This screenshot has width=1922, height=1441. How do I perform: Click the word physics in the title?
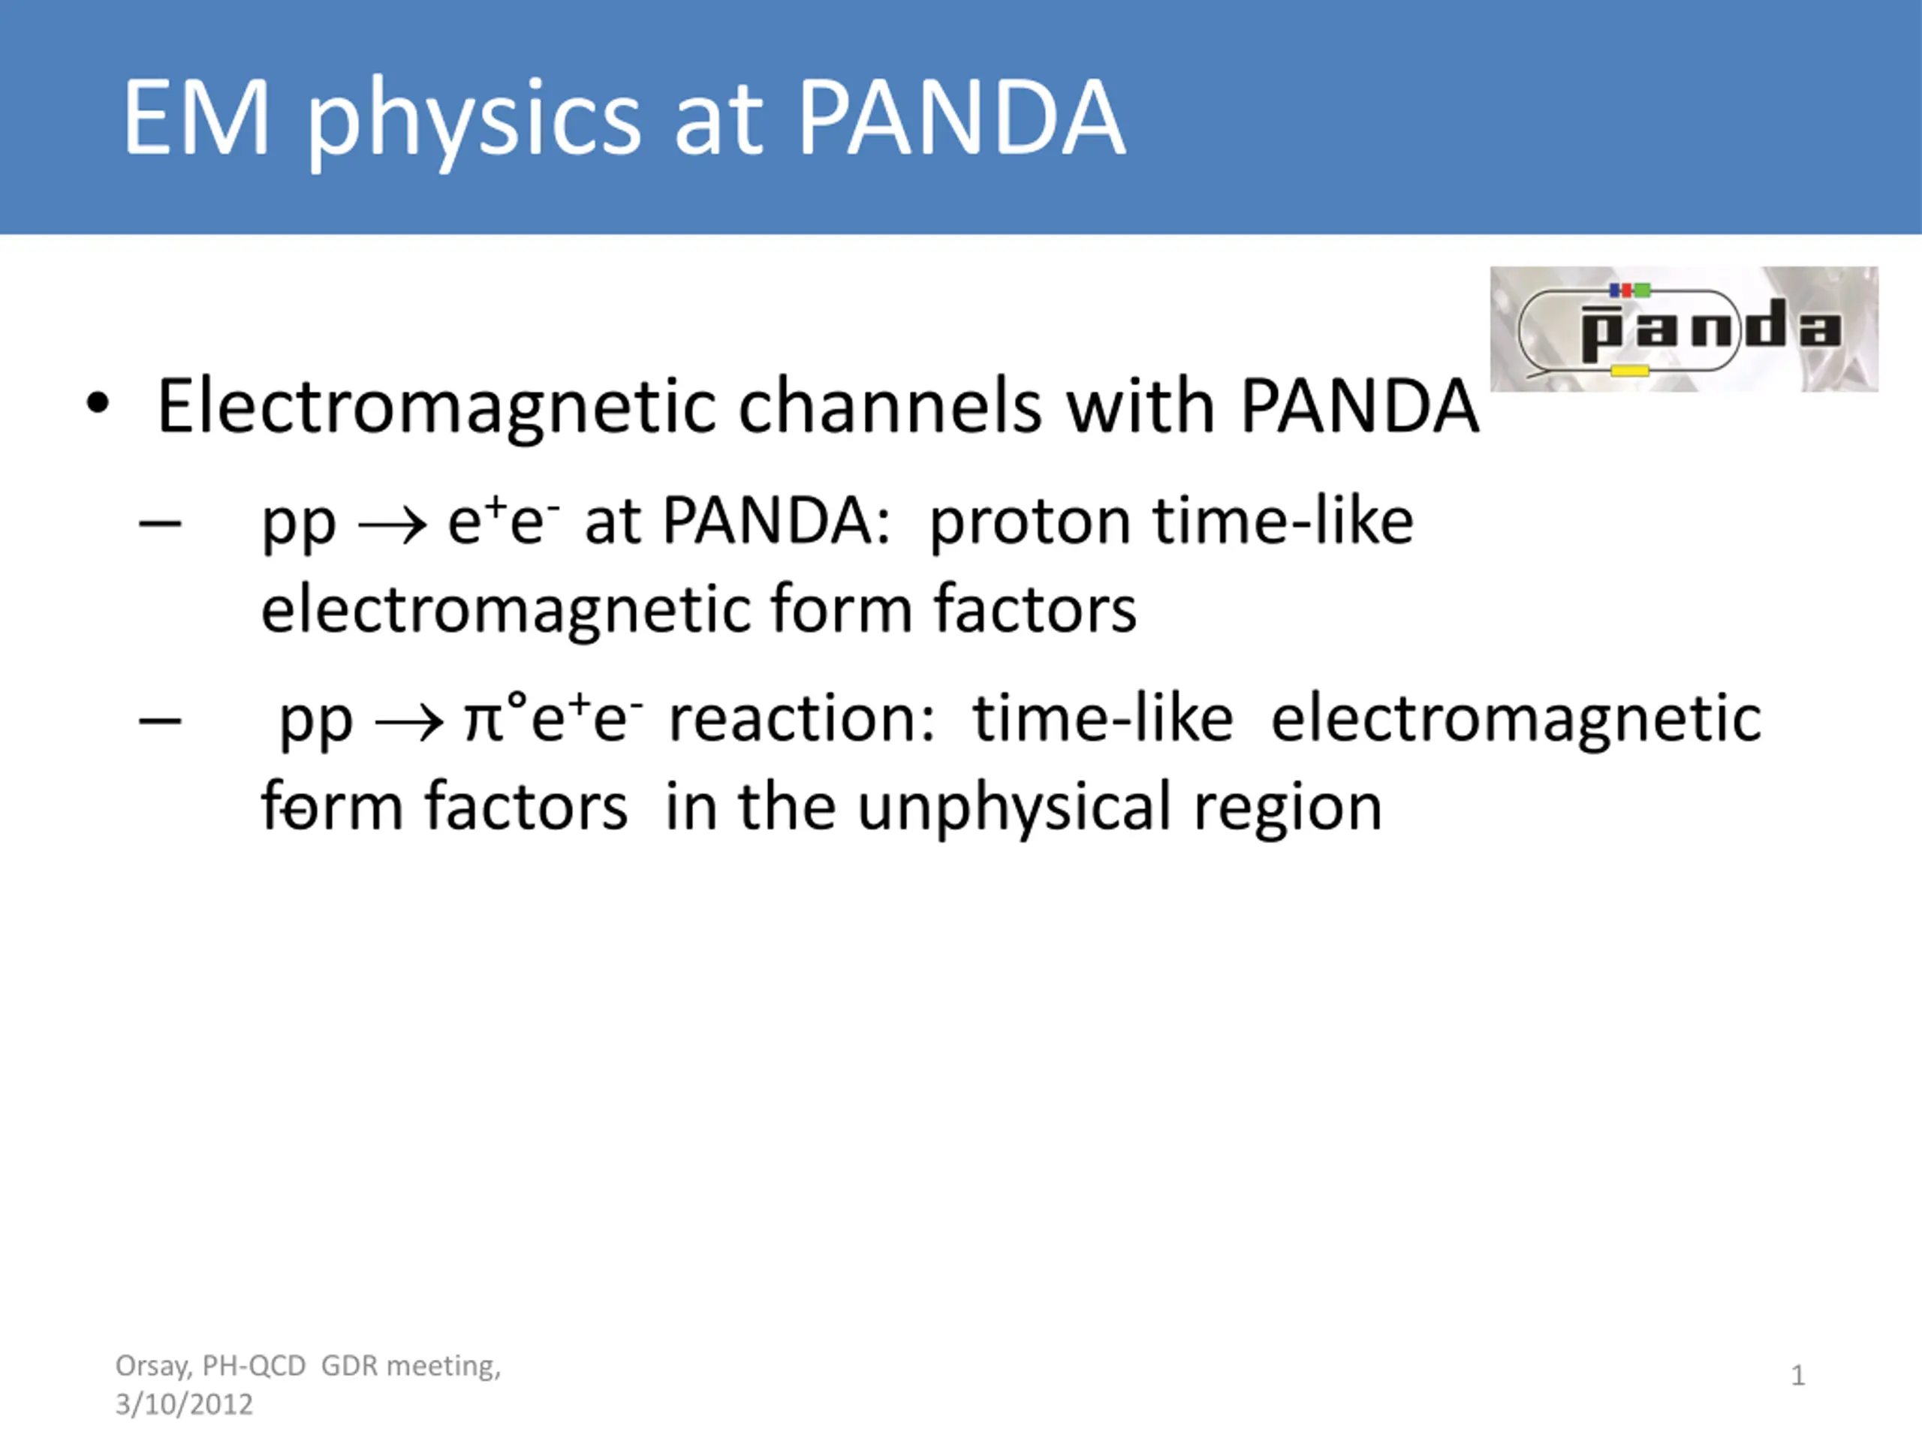[474, 122]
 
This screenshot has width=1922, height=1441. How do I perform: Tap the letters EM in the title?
[197, 116]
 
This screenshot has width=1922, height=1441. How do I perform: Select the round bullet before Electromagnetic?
[98, 404]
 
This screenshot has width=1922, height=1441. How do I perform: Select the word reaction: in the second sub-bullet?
[803, 719]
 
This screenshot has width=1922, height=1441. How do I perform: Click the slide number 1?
[1798, 1375]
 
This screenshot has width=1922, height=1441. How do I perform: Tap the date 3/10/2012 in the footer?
[184, 1404]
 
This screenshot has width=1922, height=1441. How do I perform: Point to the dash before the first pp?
[160, 524]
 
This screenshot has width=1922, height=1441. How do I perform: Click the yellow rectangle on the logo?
[1630, 371]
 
